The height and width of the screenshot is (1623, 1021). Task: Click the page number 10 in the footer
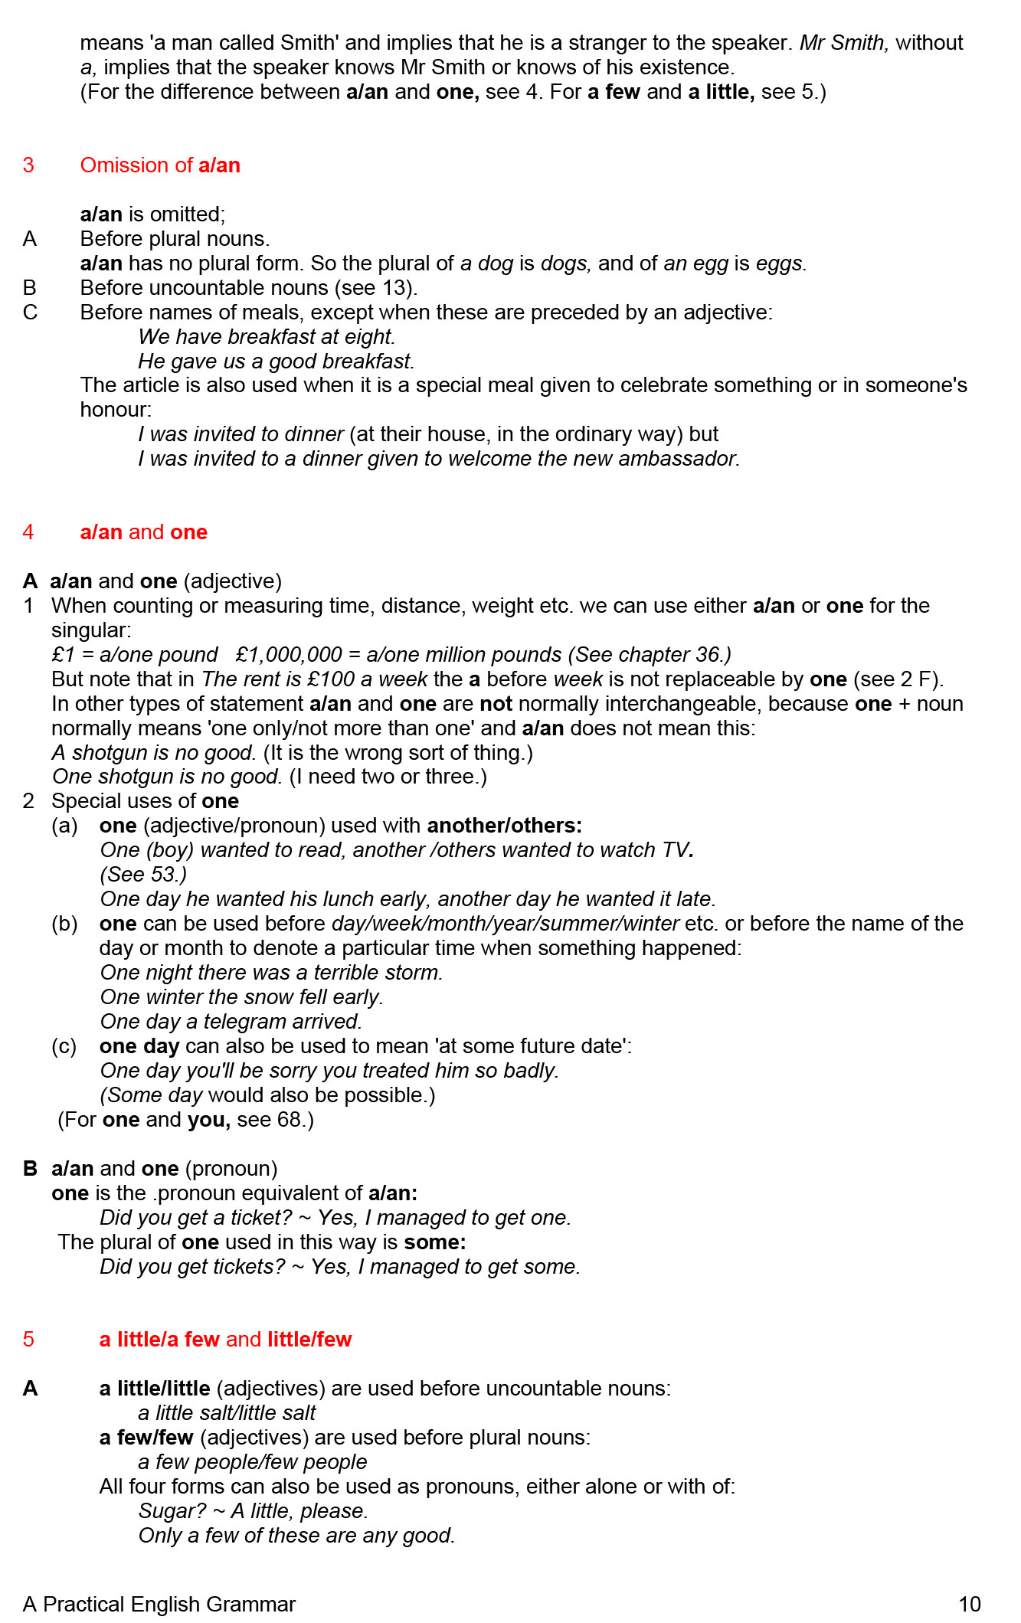tap(969, 1604)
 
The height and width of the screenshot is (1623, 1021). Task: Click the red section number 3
tap(28, 165)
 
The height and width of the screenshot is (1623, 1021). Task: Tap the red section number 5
tap(28, 1339)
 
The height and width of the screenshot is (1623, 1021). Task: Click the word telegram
tap(244, 1022)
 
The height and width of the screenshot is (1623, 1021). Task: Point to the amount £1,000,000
tap(289, 655)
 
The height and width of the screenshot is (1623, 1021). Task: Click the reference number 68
tap(289, 1120)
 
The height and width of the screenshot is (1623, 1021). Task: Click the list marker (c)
tap(64, 1046)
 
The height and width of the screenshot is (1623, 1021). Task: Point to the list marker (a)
tap(64, 826)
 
